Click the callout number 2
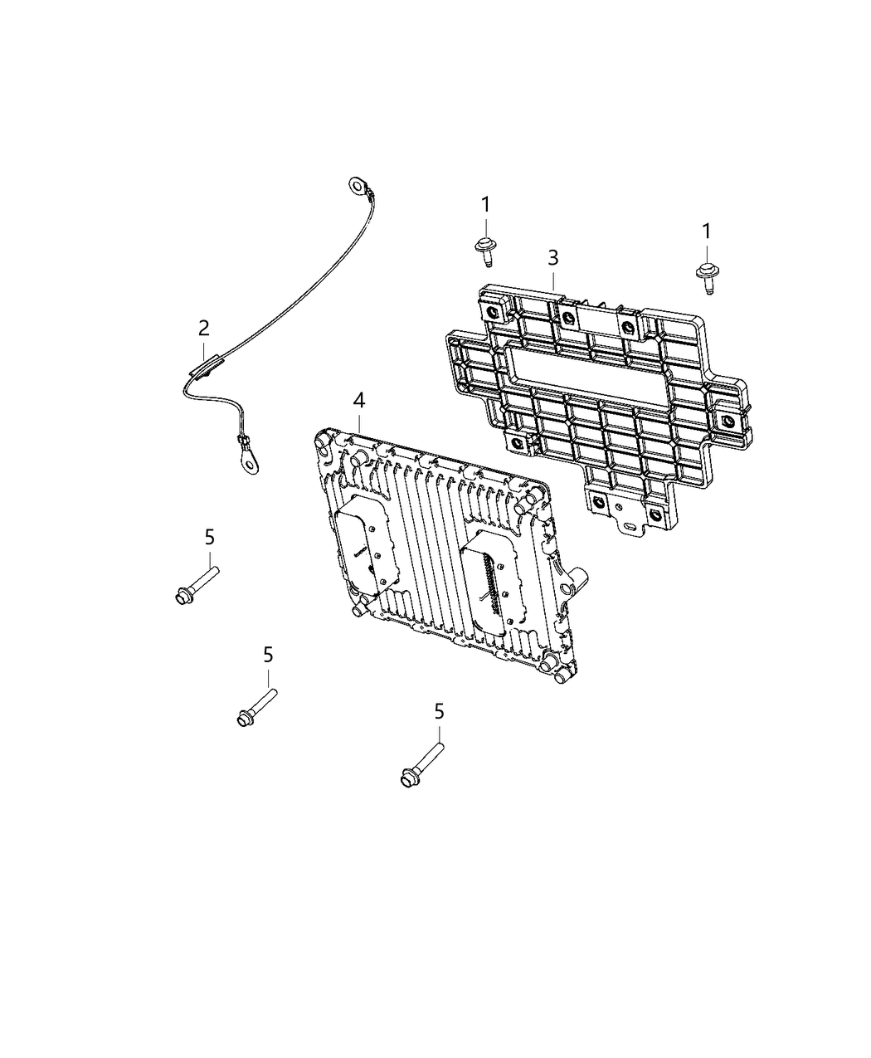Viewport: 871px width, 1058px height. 203,328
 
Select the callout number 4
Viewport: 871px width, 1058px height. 358,401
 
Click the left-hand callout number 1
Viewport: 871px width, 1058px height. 486,203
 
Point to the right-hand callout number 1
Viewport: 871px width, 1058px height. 707,232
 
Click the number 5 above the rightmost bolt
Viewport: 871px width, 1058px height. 439,711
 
